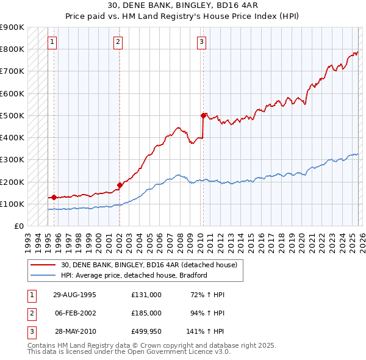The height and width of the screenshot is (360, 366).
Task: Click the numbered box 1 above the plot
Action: tap(53, 42)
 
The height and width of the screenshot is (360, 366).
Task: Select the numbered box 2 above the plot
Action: tap(118, 42)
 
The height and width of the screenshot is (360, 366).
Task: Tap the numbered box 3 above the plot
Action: tap(201, 42)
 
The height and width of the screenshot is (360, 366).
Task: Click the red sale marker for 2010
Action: tap(203, 115)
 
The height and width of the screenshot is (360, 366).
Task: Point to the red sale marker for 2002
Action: tap(119, 185)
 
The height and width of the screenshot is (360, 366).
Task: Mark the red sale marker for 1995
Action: tap(54, 197)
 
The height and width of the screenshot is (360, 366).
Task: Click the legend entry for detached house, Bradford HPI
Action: tap(134, 275)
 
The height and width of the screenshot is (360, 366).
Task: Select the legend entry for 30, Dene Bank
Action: tap(152, 265)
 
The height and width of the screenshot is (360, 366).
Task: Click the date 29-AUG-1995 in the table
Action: tap(75, 294)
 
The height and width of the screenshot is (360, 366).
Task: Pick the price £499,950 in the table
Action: tap(146, 333)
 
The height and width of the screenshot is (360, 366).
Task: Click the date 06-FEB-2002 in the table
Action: tap(75, 314)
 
